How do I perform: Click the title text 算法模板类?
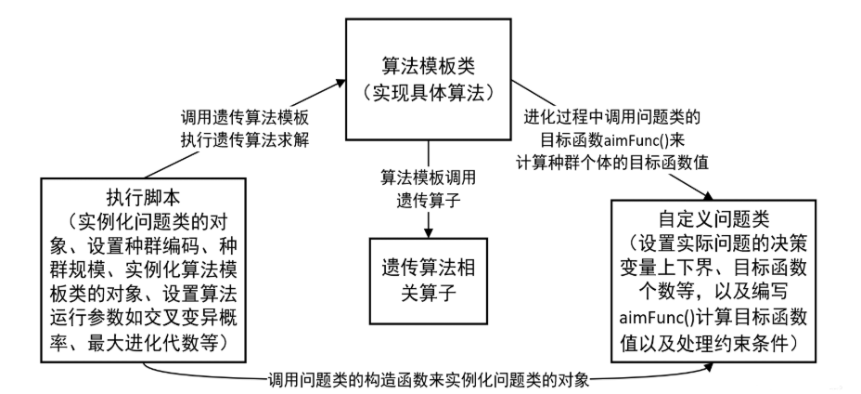pyautogui.click(x=429, y=66)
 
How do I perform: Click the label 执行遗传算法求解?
pyautogui.click(x=244, y=141)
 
